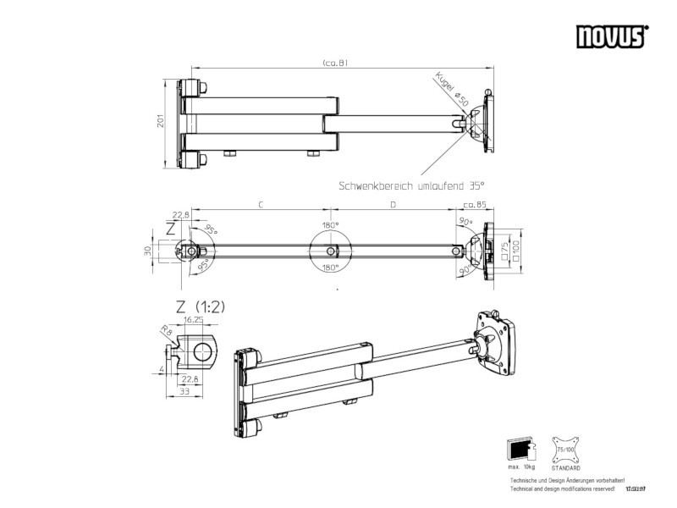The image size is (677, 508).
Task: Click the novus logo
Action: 612,36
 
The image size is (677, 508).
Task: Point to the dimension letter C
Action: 261,206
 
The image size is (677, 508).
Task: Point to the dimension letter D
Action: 393,206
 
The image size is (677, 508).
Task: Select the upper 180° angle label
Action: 330,226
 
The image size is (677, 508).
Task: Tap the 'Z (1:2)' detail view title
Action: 201,306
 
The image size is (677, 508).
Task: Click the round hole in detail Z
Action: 203,351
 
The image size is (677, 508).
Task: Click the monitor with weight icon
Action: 519,447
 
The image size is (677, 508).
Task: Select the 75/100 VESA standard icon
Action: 564,447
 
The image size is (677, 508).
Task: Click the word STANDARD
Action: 565,467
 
